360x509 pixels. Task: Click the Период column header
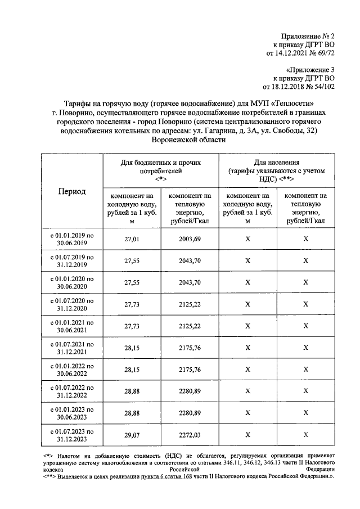point(72,191)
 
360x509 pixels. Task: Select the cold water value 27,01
point(131,239)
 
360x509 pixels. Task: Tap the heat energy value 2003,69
point(189,239)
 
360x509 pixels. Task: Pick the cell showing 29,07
point(131,434)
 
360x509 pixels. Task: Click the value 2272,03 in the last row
point(189,434)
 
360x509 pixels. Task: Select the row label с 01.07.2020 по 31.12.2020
point(72,304)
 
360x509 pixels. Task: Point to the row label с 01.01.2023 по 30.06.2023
point(72,413)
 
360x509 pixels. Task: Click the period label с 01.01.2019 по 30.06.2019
point(72,239)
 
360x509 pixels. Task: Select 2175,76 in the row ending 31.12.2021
point(189,348)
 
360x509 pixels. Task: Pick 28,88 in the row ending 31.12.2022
point(131,391)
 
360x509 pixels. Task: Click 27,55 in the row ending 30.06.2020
point(131,282)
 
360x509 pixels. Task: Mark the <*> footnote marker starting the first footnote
point(48,454)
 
